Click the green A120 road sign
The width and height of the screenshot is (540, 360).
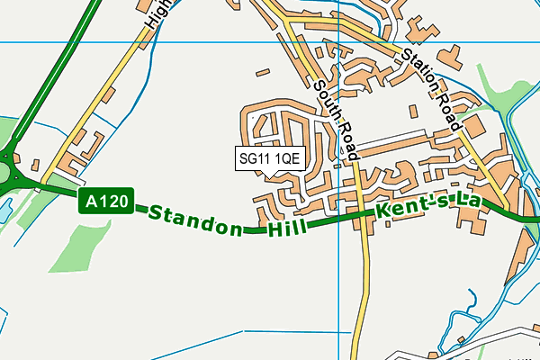pos(107,201)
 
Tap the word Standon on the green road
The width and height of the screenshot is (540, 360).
pos(194,221)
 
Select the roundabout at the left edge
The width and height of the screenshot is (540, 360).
pos(6,172)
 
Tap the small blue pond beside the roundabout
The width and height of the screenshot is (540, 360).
pos(4,212)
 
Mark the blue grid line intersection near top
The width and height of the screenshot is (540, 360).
pos(336,42)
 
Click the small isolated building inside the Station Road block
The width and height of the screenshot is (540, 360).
pos(412,112)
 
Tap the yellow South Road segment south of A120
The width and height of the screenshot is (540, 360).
pos(364,288)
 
